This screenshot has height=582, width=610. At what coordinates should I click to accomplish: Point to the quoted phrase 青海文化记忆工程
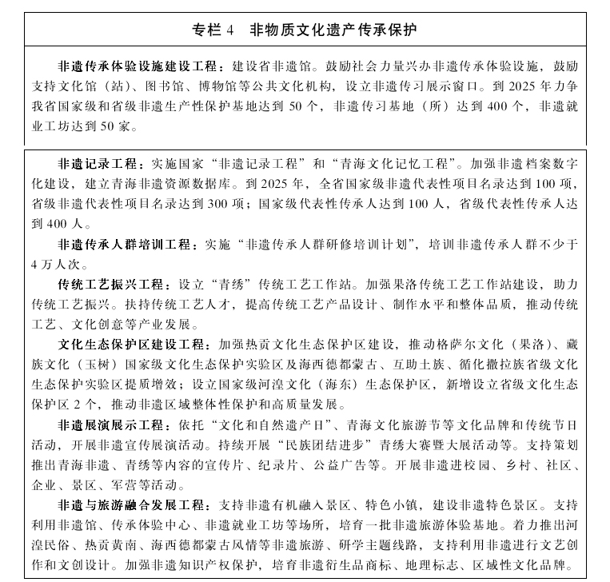tap(394, 162)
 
